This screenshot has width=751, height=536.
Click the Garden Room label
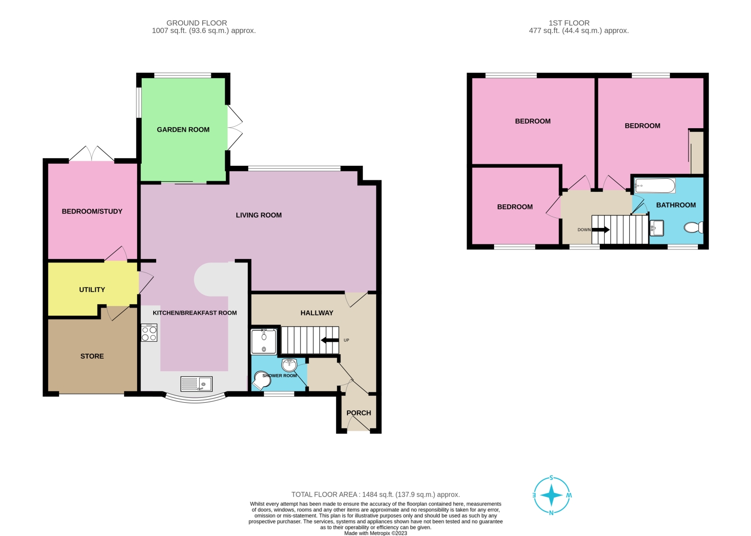tap(183, 130)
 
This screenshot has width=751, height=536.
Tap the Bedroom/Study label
tap(92, 211)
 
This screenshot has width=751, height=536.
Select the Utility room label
tap(92, 290)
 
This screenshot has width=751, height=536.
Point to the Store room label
tap(92, 356)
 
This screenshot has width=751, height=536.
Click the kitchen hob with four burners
tap(149, 333)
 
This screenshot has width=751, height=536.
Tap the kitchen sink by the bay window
tap(196, 384)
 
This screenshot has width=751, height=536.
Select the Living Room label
tap(259, 215)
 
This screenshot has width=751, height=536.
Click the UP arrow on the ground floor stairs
tap(330, 341)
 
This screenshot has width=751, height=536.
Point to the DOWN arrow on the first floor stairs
tap(600, 230)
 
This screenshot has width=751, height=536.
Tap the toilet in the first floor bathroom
tap(694, 228)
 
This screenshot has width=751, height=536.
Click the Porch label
tap(359, 413)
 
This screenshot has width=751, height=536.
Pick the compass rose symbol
tap(552, 495)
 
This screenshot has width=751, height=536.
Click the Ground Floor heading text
tap(197, 23)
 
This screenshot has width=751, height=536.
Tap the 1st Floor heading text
tap(569, 23)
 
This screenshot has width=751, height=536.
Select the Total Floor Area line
tap(375, 494)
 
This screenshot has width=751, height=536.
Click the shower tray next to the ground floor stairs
tap(264, 341)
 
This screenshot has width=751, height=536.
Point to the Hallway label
tap(317, 313)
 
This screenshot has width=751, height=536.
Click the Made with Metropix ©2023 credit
tap(375, 533)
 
